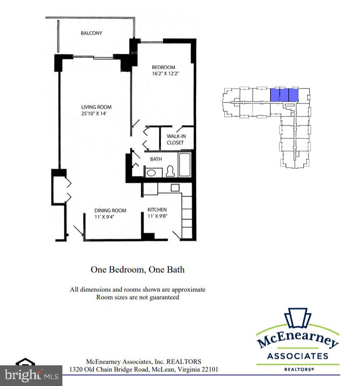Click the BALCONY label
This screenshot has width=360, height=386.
click(x=92, y=33)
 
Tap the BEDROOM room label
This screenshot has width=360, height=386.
click(x=163, y=67)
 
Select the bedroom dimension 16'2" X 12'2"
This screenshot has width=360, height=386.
click(x=165, y=73)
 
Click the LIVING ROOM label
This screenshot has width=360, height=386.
click(x=96, y=107)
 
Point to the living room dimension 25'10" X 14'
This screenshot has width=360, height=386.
click(x=96, y=114)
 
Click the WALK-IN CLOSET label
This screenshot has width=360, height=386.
click(x=175, y=139)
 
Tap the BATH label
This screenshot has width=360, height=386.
click(x=156, y=159)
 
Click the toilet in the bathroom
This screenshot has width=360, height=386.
click(x=170, y=172)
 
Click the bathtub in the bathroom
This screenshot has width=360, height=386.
click(x=185, y=164)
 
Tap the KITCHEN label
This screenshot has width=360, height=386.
click(x=157, y=209)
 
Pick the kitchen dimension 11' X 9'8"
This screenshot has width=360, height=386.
click(x=157, y=216)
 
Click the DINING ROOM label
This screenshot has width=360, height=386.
click(x=110, y=210)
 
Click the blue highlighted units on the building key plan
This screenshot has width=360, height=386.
click(x=284, y=95)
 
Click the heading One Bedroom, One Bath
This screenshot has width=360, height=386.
click(x=137, y=269)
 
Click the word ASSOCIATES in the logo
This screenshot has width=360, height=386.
click(x=298, y=356)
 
